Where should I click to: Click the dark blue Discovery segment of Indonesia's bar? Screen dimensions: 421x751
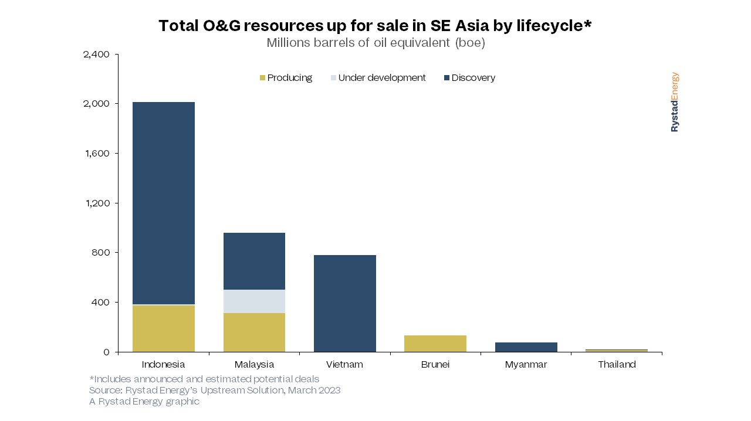tap(163, 203)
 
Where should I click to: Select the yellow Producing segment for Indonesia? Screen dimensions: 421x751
tap(163, 328)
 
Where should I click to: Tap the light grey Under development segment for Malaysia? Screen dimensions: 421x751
tap(254, 301)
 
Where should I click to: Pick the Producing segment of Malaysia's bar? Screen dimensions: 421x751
tap(254, 332)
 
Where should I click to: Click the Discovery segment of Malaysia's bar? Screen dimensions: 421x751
tap(254, 261)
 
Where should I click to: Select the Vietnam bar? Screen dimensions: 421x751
tap(344, 303)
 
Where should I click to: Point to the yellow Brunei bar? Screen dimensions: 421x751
tap(435, 344)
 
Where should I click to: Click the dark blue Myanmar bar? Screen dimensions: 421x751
tap(526, 347)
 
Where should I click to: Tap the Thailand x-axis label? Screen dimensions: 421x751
tap(617, 365)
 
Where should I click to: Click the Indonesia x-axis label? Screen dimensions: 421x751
tap(163, 365)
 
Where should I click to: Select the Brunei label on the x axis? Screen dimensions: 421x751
tap(435, 365)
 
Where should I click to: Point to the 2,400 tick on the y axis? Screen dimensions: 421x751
tap(96, 55)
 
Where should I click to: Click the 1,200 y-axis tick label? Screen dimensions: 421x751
tap(96, 203)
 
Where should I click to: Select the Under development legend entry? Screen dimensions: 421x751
tap(378, 78)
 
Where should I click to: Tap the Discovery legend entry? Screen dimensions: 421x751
tap(469, 78)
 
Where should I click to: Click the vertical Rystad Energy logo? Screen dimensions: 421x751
tap(675, 102)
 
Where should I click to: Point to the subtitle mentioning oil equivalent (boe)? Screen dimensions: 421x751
tap(375, 43)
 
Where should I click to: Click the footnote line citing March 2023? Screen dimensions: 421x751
tap(215, 390)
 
